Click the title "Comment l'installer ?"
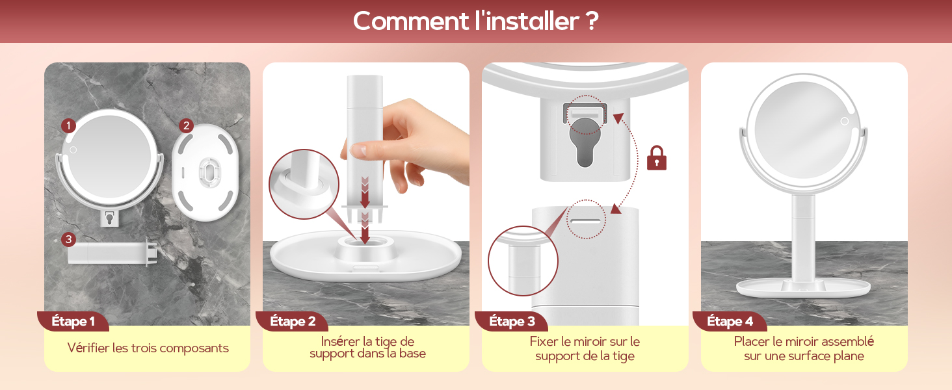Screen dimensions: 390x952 point(475,21)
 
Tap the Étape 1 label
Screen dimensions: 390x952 point(73,321)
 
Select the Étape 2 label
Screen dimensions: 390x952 point(293,321)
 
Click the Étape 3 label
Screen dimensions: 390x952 point(512,321)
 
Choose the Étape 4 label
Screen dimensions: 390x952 point(730,321)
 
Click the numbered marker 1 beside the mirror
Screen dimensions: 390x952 point(69,125)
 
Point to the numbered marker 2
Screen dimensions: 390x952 point(186,125)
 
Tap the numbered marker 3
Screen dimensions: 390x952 point(69,240)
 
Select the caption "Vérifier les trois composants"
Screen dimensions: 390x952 point(148,348)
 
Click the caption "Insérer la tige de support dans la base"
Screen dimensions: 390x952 point(367,347)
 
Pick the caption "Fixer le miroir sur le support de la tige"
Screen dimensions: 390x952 point(585,348)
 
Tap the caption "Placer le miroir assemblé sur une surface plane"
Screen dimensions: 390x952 point(804,348)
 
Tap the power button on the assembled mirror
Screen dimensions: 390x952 point(844,121)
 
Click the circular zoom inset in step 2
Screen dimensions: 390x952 point(304,184)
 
